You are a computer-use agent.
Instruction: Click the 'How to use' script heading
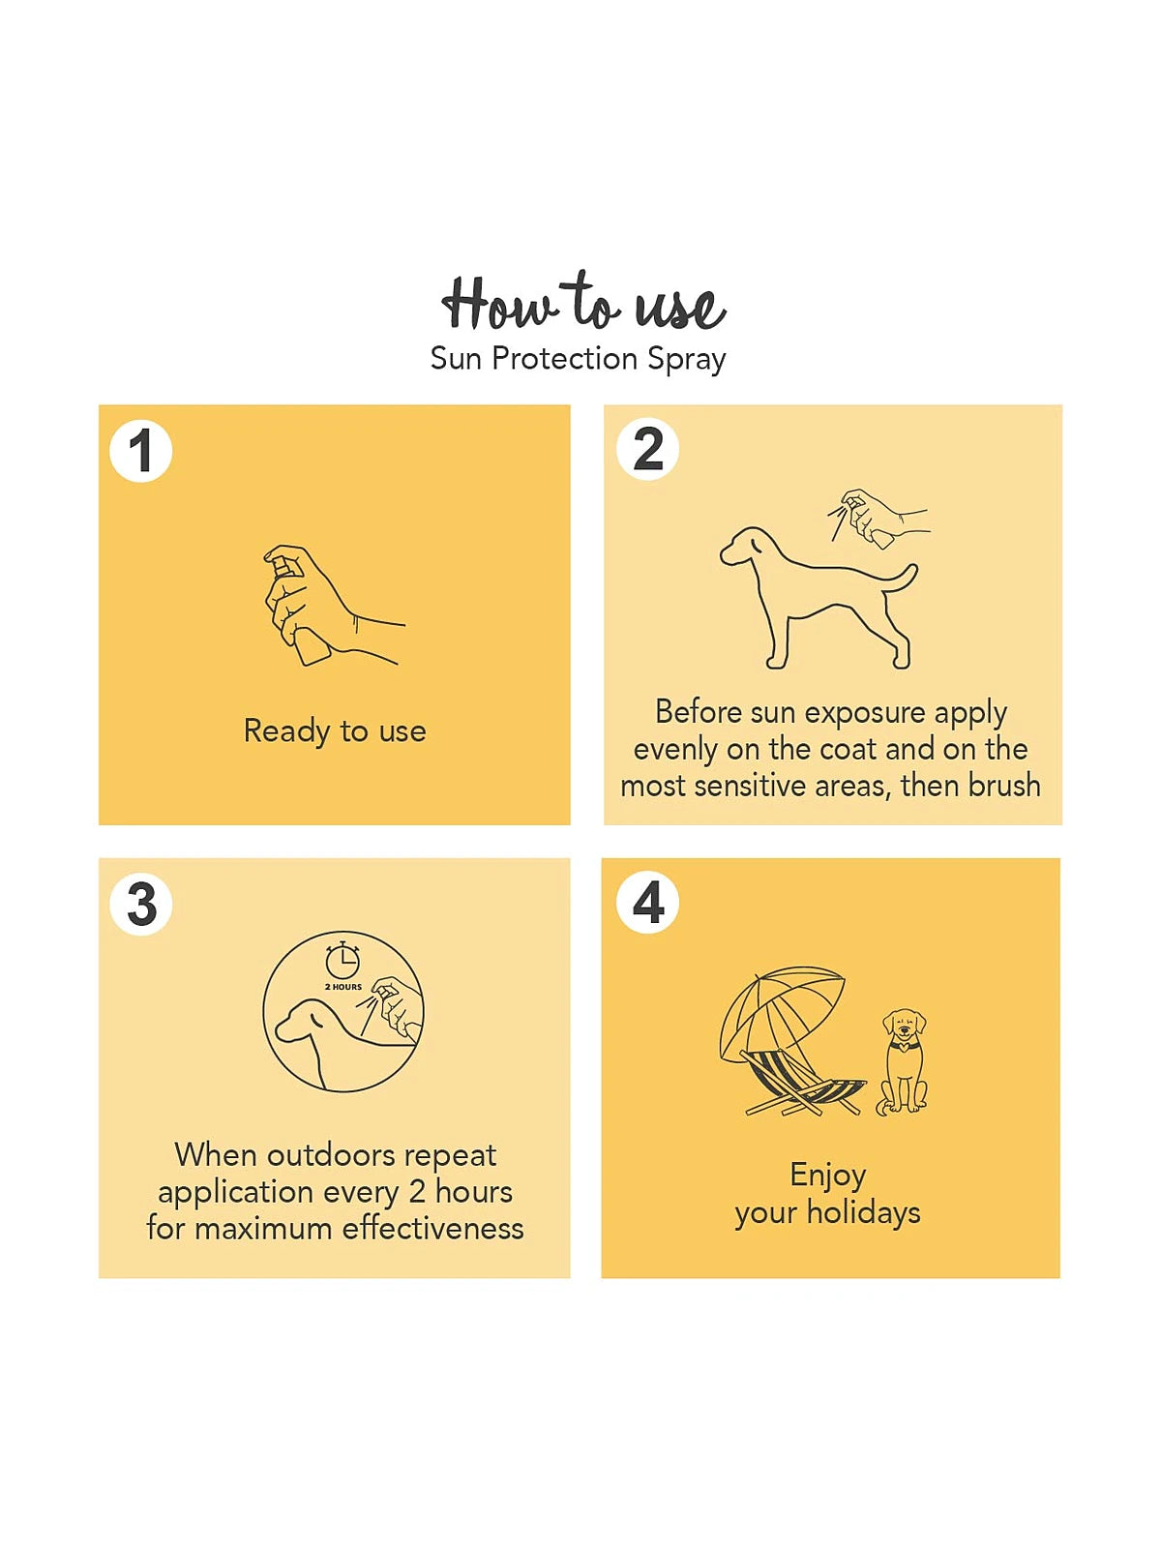pos(583,303)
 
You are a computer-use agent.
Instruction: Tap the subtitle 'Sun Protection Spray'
pos(578,360)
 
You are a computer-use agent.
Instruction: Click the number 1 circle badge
pos(141,451)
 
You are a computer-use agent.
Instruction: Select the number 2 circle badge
pos(648,449)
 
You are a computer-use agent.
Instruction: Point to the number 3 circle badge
pos(141,904)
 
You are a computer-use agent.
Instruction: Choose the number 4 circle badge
pos(648,902)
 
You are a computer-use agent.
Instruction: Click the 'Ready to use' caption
pos(335,731)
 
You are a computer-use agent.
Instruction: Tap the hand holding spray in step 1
pos(331,605)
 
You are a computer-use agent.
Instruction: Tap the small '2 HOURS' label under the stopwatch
pos(343,987)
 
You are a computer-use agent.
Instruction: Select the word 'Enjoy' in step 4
pos(828,1176)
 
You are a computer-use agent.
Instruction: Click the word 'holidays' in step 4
pos(864,1212)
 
